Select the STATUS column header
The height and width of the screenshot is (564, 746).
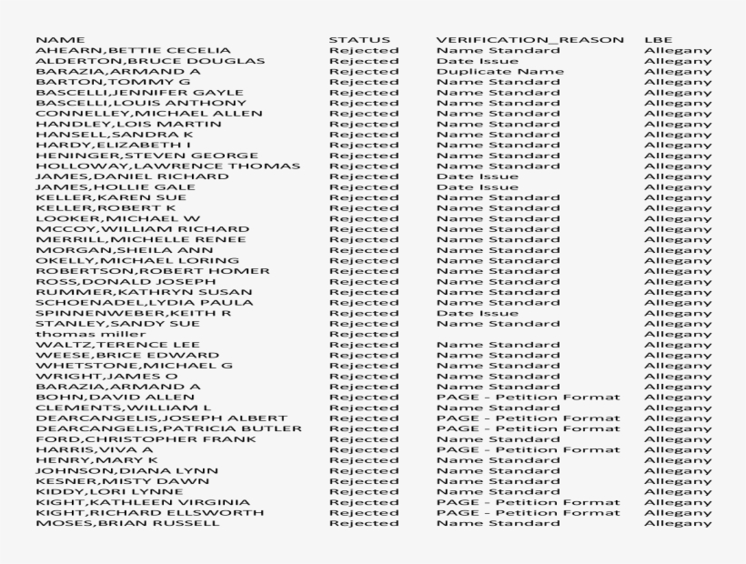[359, 40]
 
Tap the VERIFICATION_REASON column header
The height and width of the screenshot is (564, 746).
[529, 40]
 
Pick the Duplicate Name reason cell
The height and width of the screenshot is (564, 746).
[499, 71]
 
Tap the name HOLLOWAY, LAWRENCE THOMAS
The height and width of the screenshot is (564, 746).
[167, 166]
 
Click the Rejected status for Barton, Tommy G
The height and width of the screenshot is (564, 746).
[364, 82]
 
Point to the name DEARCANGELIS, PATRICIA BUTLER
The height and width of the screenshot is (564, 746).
[169, 428]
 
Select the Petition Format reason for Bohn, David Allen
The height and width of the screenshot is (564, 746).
[528, 397]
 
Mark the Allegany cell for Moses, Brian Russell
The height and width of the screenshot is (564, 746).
[678, 523]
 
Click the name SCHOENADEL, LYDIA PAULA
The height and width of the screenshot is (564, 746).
[131, 302]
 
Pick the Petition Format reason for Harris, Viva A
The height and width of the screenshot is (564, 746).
[528, 449]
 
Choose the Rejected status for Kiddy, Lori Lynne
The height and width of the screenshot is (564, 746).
[364, 491]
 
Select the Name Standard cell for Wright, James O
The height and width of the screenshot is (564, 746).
[498, 376]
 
